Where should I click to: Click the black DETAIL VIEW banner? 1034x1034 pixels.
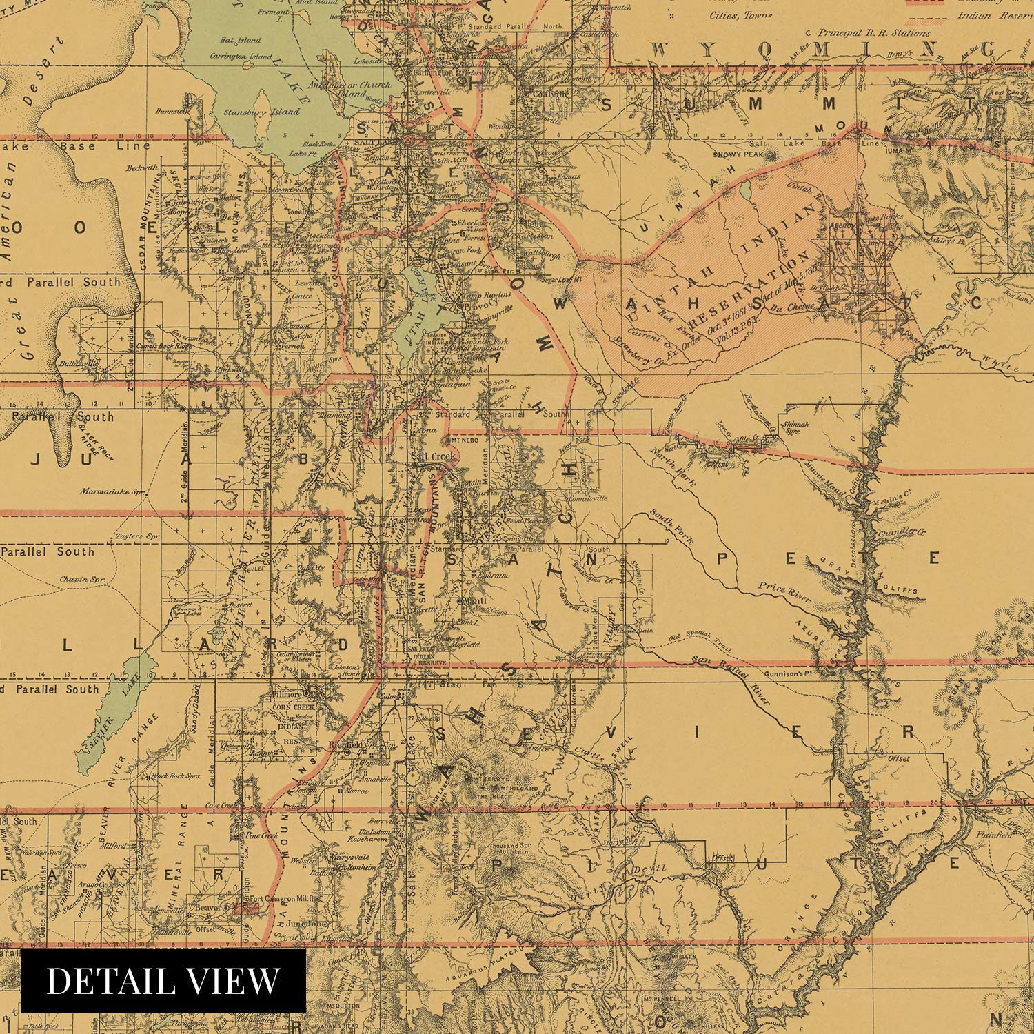163,980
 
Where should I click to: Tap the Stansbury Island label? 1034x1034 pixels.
261,111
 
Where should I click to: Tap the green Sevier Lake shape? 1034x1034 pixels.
117,710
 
